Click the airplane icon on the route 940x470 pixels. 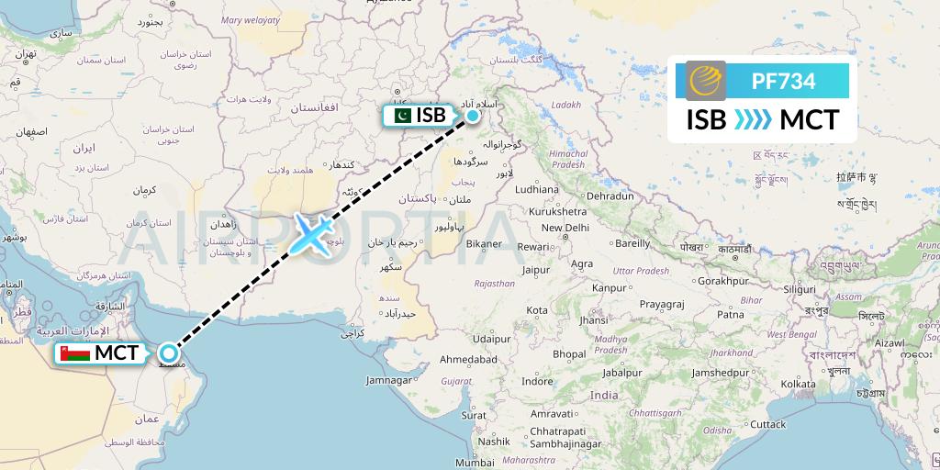click(313, 235)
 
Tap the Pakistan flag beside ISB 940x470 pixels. click(400, 116)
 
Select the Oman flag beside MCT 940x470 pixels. click(75, 353)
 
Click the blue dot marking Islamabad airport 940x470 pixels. click(473, 116)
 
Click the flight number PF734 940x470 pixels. click(783, 81)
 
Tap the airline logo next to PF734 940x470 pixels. click(705, 81)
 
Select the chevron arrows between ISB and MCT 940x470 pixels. click(753, 120)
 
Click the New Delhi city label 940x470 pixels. click(565, 228)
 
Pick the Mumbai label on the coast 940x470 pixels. click(475, 463)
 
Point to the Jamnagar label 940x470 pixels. click(388, 379)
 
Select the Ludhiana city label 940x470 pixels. click(536, 190)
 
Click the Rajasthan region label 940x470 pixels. click(494, 284)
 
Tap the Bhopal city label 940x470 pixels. click(569, 353)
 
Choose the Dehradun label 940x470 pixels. click(611, 196)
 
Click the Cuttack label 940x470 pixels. click(767, 424)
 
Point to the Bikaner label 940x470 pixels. click(483, 243)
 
